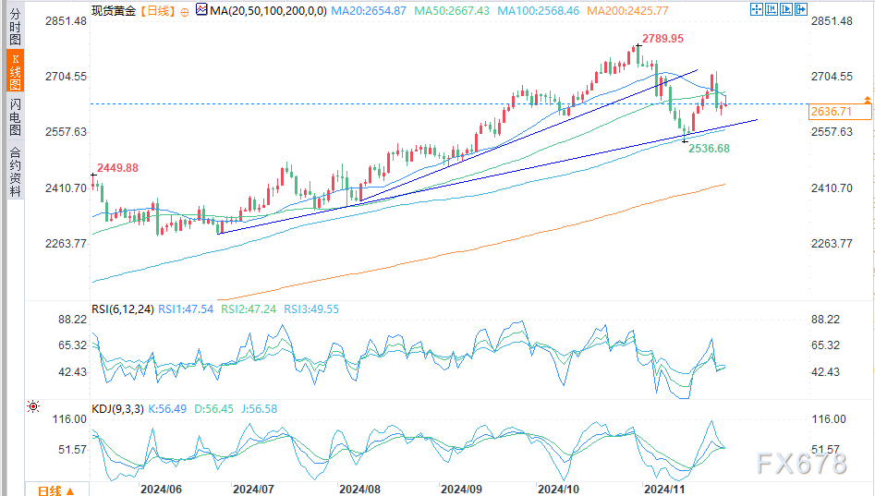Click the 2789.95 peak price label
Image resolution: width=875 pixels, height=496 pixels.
click(664, 39)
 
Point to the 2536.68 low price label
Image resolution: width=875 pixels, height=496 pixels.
click(709, 148)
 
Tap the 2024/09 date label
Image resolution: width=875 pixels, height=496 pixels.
click(460, 488)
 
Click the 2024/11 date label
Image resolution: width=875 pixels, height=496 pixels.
click(662, 488)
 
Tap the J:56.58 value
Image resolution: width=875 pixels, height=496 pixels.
click(258, 407)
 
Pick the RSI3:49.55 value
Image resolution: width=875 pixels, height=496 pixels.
click(312, 309)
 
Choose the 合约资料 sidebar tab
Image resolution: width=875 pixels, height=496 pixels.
click(14, 173)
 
